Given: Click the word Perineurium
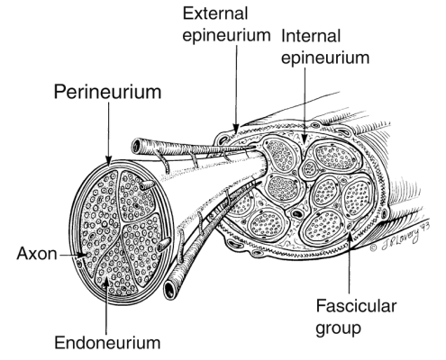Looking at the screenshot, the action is (x=107, y=92).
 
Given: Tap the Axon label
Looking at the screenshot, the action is (x=37, y=254).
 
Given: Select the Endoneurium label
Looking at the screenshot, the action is (x=107, y=342).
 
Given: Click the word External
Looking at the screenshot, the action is (x=215, y=13).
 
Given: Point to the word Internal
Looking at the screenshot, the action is (x=311, y=36).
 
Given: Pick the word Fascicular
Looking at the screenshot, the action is (x=356, y=306).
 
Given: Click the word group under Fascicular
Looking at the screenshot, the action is (x=338, y=328).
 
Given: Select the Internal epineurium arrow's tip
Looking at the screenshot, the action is (x=305, y=142).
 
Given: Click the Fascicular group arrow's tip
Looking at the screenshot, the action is (x=350, y=232).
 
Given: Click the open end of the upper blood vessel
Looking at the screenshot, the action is (x=137, y=146).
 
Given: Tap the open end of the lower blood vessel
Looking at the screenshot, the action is (x=170, y=290).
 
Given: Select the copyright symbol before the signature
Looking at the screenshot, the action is (x=373, y=247).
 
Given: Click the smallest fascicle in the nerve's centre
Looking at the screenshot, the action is (x=309, y=168).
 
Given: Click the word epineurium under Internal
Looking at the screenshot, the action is (x=325, y=58).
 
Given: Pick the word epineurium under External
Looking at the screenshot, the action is (x=227, y=35).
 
